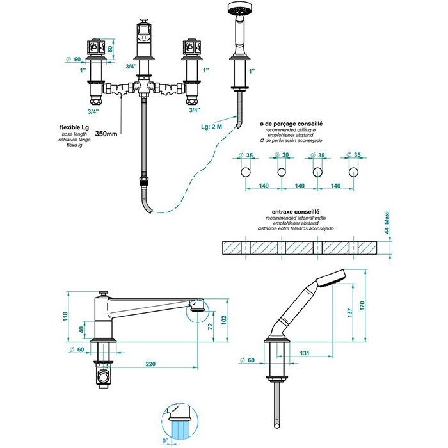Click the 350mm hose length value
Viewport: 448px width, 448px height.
pos(106,134)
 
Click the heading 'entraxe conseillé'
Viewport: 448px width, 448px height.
pos(295,211)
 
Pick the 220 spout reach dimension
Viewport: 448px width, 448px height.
pos(150,365)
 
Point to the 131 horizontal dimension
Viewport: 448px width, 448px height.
pos(306,352)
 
